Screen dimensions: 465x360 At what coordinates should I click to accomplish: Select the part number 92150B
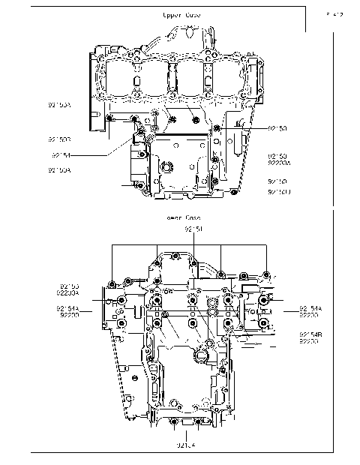(x=59, y=139)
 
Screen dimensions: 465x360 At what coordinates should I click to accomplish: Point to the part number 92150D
(x=278, y=193)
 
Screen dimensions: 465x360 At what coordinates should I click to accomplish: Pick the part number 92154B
(x=310, y=334)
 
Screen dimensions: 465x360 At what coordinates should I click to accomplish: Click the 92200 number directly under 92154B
(x=309, y=341)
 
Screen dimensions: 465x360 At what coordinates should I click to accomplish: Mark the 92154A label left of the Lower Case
(x=68, y=308)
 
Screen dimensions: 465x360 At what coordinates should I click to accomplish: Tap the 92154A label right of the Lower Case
(x=310, y=308)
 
